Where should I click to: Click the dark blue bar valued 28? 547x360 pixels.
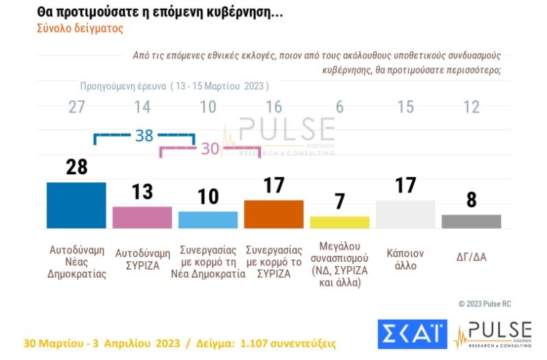coord(76,205)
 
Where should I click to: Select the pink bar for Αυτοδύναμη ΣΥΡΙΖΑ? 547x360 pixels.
coord(142,217)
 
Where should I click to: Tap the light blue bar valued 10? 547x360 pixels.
coord(208,219)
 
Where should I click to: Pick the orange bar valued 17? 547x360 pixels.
coord(273,214)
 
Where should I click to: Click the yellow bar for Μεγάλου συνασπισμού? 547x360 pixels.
coord(339,222)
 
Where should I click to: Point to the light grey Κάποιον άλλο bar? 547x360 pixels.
coord(405,214)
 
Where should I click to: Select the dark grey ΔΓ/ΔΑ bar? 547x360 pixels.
coord(471,221)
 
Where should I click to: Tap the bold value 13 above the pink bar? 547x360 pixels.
coord(142,192)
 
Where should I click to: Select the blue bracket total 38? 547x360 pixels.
coord(144,136)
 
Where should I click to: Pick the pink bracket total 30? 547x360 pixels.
coord(210,149)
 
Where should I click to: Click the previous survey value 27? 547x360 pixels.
coord(76,107)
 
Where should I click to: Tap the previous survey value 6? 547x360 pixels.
coord(339,107)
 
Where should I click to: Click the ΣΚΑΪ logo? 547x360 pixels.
coord(412,334)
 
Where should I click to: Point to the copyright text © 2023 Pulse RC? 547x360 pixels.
coord(485,303)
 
